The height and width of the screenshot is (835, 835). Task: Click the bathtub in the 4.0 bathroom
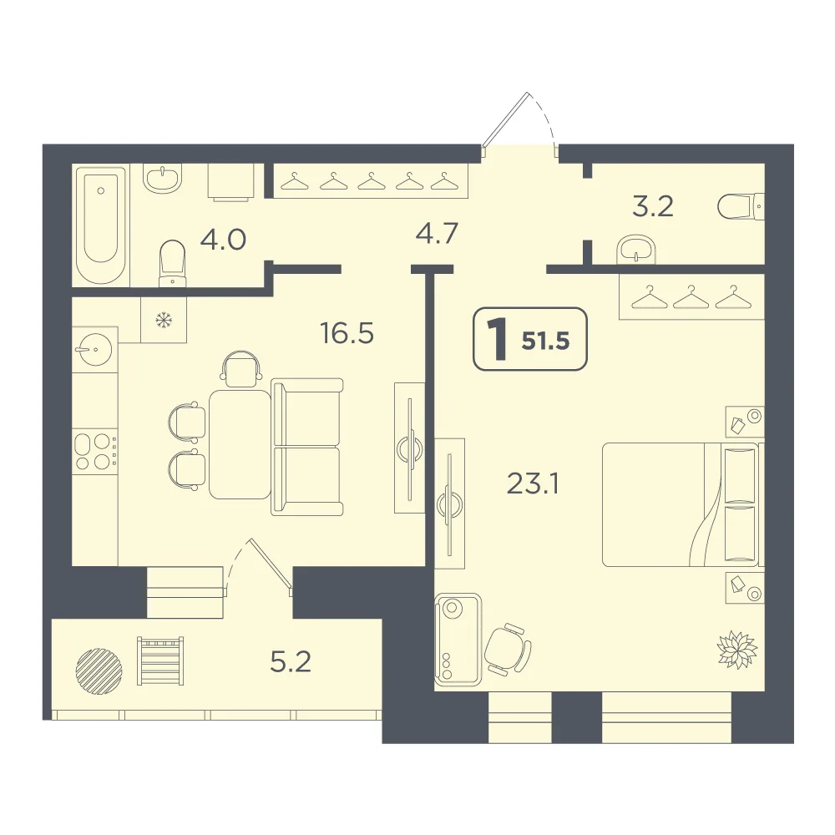pyautogui.click(x=101, y=225)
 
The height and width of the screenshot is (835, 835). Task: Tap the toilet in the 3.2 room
pyautogui.click(x=741, y=206)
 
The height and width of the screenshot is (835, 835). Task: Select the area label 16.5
pyautogui.click(x=347, y=333)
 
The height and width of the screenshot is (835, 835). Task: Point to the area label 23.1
pyautogui.click(x=533, y=484)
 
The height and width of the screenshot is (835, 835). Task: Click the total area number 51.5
pyautogui.click(x=546, y=341)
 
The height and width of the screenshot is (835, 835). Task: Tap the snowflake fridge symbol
pyautogui.click(x=164, y=320)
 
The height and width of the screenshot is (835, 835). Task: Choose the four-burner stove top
pyautogui.click(x=95, y=452)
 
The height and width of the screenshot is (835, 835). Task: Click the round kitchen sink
pyautogui.click(x=95, y=349)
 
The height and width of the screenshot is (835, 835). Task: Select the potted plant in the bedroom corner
pyautogui.click(x=737, y=649)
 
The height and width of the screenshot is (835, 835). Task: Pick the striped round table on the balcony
pyautogui.click(x=99, y=671)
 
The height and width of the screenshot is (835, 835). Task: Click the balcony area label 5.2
pyautogui.click(x=291, y=662)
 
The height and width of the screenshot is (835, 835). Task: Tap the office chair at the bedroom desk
pyautogui.click(x=507, y=650)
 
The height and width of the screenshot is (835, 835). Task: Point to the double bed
pyautogui.click(x=683, y=504)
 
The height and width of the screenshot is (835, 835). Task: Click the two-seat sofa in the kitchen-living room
pyautogui.click(x=307, y=447)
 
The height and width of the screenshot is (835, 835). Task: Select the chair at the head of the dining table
pyautogui.click(x=240, y=368)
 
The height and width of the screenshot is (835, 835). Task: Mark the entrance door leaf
pyautogui.click(x=505, y=119)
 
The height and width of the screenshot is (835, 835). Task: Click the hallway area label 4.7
pyautogui.click(x=437, y=233)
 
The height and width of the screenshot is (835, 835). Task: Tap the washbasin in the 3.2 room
pyautogui.click(x=635, y=249)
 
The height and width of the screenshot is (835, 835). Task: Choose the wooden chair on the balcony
pyautogui.click(x=160, y=660)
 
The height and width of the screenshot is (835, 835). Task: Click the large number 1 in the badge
pyautogui.click(x=498, y=339)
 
